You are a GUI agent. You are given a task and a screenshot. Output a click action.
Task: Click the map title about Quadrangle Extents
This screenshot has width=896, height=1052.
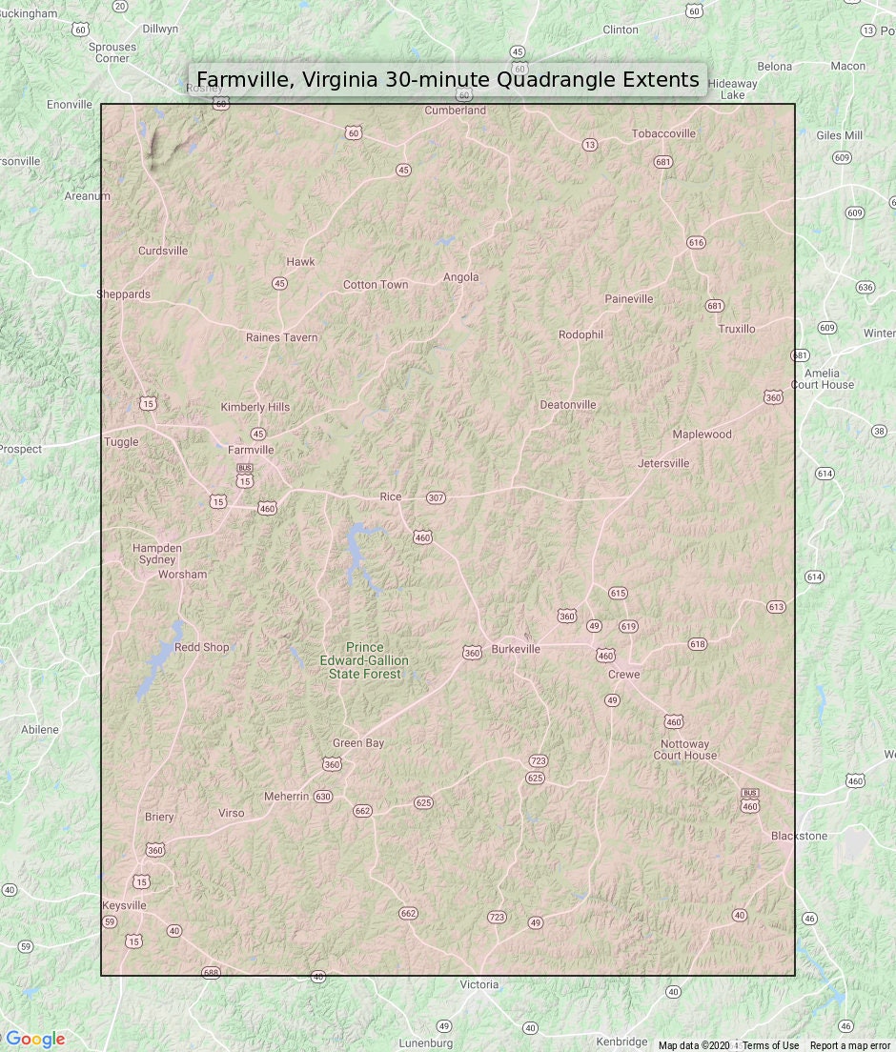tap(448, 79)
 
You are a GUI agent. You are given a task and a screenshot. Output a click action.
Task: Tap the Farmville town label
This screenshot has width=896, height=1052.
tap(251, 450)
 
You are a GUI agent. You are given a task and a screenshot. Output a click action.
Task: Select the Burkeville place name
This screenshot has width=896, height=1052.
tap(516, 649)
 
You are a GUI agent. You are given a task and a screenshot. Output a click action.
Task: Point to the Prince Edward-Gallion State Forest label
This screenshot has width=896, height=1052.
tap(364, 660)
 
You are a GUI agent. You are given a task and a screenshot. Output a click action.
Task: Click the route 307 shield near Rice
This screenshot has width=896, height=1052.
tap(437, 497)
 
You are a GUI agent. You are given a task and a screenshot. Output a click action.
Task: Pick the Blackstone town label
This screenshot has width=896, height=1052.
tap(799, 836)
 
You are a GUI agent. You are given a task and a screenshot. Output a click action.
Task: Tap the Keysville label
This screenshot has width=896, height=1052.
tap(124, 905)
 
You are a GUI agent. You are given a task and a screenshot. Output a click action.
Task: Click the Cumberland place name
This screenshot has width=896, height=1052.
tap(456, 111)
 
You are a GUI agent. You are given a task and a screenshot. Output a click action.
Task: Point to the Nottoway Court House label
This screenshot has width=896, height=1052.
tap(684, 750)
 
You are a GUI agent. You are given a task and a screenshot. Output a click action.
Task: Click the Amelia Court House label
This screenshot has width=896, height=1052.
tap(822, 378)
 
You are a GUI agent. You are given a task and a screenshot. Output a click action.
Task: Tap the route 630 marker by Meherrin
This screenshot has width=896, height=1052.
tap(323, 797)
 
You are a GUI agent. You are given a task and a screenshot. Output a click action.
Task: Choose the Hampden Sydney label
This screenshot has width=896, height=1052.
tap(157, 554)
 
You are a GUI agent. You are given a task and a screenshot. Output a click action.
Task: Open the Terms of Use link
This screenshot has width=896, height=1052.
tap(770, 1045)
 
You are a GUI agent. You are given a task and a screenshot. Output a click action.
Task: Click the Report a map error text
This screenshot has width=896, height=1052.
tap(850, 1045)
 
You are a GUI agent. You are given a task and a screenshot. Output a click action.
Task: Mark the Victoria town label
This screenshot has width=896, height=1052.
tap(479, 984)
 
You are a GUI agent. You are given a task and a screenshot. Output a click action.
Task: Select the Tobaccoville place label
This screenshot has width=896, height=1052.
tap(663, 133)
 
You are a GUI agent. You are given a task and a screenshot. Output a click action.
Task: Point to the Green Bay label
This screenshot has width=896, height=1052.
tap(358, 743)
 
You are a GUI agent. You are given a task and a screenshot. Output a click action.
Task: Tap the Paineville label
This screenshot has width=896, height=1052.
tap(629, 298)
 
